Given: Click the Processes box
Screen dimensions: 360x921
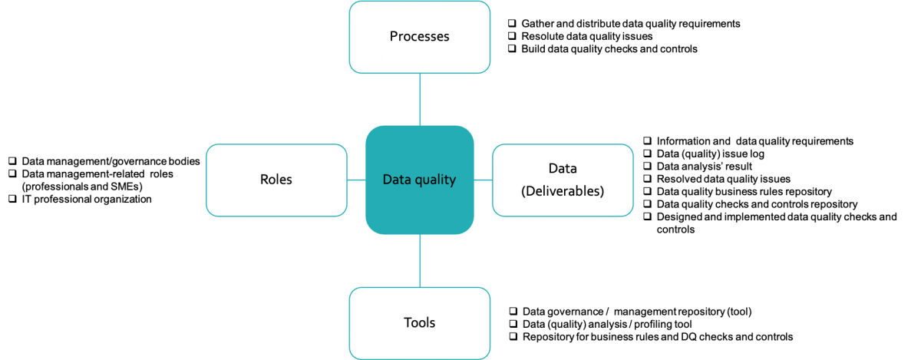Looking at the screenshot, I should pyautogui.click(x=419, y=37).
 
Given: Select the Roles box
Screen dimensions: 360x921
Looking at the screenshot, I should pyautogui.click(x=276, y=180).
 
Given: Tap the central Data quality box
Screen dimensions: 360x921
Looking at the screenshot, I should pyautogui.click(x=419, y=180).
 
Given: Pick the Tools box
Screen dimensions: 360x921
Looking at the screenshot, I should pyautogui.click(x=419, y=322).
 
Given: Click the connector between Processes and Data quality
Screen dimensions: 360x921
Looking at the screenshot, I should pyautogui.click(x=420, y=99).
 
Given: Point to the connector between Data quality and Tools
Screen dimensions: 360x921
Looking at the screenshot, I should pyautogui.click(x=420, y=261).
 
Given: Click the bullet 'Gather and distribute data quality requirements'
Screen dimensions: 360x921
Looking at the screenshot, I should pyautogui.click(x=629, y=24).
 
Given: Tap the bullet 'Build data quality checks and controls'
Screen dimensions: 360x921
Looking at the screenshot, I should pyautogui.click(x=609, y=48).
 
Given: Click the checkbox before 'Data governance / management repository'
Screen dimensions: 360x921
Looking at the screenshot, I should pyautogui.click(x=513, y=312).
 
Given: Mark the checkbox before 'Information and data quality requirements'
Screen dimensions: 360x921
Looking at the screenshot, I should pyautogui.click(x=648, y=141).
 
